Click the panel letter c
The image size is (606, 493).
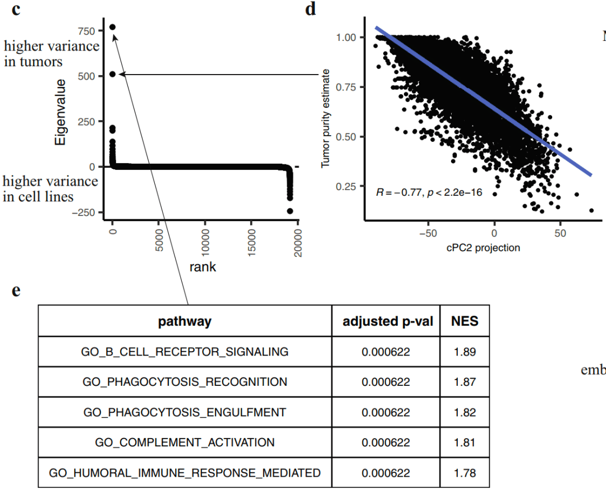pos(16,10)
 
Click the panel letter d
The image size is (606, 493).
pos(310,10)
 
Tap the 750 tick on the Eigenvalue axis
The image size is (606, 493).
pos(89,30)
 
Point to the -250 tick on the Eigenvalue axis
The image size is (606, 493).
pos(85,213)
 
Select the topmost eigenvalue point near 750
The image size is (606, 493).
pos(112,27)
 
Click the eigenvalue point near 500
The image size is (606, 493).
pos(112,73)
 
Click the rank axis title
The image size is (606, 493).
pos(203,267)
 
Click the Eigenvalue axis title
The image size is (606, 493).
pos(61,112)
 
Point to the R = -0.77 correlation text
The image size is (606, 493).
pos(429,193)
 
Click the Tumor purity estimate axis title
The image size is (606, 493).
pos(325,119)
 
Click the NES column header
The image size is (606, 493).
pos(465,321)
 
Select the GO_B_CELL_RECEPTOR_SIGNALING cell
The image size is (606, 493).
pos(185,352)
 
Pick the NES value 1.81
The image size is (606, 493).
pos(465,443)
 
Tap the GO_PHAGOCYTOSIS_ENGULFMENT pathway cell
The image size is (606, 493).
pos(185,412)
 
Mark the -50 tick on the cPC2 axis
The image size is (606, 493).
pos(428,232)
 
